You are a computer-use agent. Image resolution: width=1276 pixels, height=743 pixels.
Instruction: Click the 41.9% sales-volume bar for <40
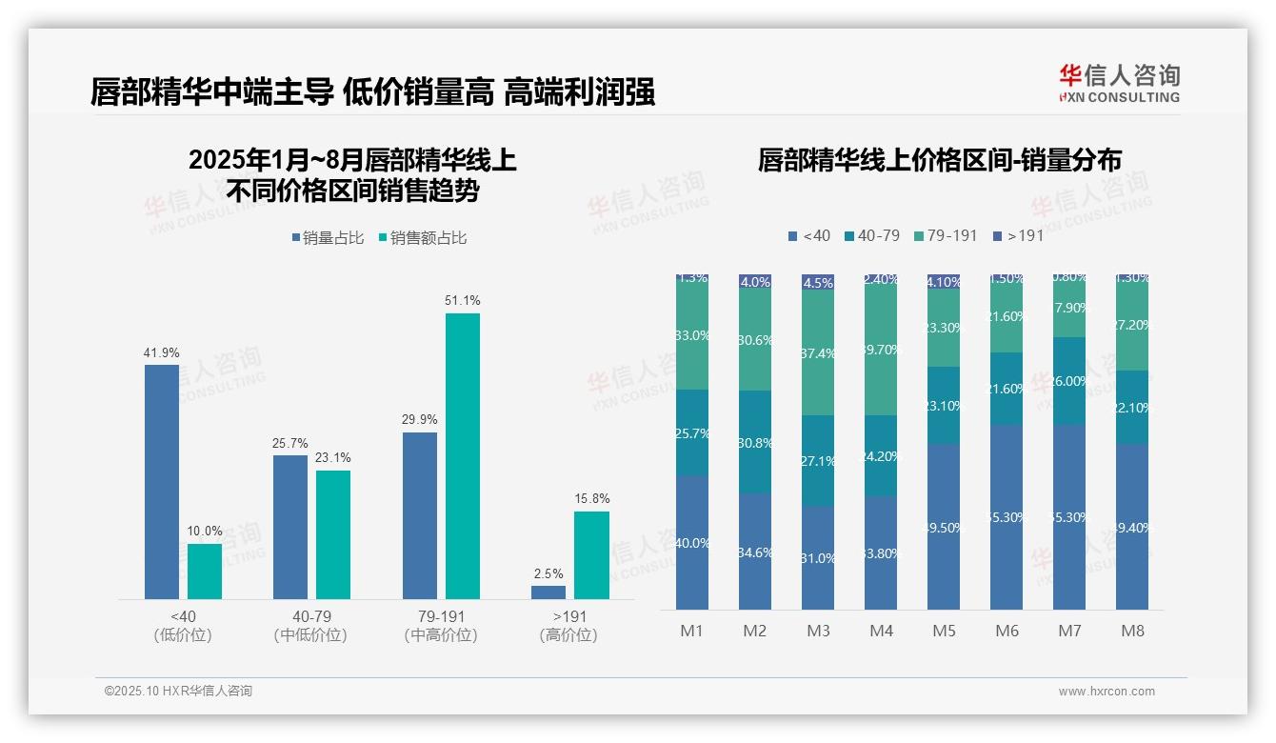coord(162,481)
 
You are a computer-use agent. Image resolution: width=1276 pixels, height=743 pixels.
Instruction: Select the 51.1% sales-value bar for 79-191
coord(463,455)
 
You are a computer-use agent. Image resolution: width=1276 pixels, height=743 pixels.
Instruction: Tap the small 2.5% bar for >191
coord(548,592)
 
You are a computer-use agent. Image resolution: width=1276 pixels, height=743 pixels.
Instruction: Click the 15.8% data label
coord(592,498)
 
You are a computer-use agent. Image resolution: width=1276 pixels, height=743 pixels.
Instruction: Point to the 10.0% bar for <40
coord(205,571)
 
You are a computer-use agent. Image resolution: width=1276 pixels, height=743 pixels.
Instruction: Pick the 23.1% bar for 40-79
coord(333,534)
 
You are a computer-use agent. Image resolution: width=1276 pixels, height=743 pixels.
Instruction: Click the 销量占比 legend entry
coord(328,238)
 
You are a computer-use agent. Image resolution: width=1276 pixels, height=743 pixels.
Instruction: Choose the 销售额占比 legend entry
coord(422,238)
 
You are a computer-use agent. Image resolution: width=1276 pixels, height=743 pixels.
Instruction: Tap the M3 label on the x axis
coord(818,631)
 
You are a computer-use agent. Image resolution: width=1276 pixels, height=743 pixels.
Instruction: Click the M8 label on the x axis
coord(1132,631)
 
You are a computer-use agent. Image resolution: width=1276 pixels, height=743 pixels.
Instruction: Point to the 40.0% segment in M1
coord(692,543)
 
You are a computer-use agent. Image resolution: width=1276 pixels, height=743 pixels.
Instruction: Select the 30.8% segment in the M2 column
coord(755,442)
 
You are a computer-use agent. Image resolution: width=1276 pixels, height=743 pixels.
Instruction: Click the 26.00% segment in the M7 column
coord(1069,381)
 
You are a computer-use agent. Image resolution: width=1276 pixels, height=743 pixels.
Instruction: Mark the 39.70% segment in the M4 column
coord(881,350)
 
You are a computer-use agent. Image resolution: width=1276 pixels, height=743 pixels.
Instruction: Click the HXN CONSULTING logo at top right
coord(1119,84)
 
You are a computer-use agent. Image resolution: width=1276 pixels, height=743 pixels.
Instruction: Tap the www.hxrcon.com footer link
coord(1107,692)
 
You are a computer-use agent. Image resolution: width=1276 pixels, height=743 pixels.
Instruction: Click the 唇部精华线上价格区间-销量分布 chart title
coord(939,160)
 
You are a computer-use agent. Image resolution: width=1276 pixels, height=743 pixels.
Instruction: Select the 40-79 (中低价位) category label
coord(310,626)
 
